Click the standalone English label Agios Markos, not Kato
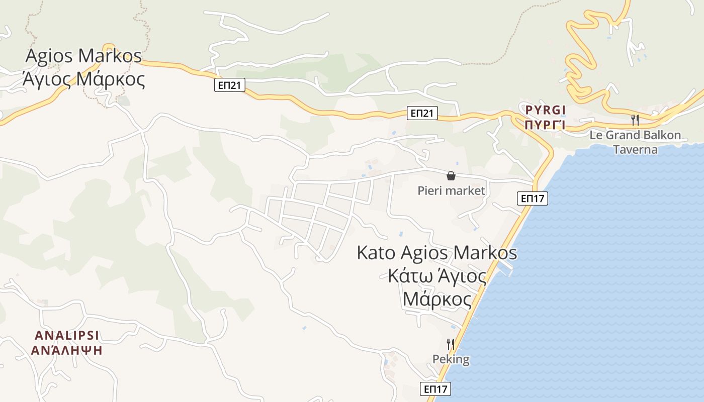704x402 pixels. (83, 56)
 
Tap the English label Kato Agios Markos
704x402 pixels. (436, 252)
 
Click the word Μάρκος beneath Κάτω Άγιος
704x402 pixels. (437, 300)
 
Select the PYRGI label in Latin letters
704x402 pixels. (545, 110)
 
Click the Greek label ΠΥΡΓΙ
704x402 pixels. (545, 125)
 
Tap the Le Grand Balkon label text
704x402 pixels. (635, 135)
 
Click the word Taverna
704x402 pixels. (635, 149)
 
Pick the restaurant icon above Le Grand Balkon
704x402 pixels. (635, 120)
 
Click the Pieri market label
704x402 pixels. (451, 190)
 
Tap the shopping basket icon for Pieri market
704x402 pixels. (451, 176)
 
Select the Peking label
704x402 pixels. (451, 359)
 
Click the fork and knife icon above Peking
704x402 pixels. (451, 344)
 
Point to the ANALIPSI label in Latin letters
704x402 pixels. (66, 335)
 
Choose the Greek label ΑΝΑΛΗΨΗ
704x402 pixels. (66, 350)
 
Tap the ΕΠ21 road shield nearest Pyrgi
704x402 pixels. (422, 114)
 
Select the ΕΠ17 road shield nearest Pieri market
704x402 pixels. (533, 198)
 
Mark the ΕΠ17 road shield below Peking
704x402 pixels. (435, 389)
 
